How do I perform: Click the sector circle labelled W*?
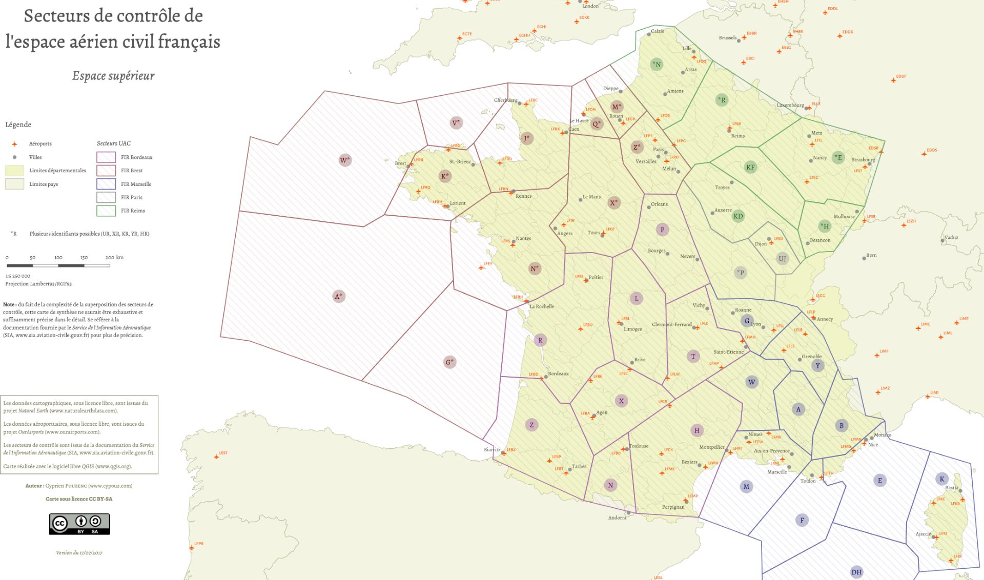(345, 160)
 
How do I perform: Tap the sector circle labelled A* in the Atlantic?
(339, 296)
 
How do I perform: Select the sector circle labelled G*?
(449, 362)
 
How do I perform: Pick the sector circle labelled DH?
(856, 572)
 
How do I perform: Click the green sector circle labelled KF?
(750, 167)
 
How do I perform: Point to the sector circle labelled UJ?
(782, 258)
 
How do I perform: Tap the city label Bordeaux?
(558, 374)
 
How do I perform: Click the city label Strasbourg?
(863, 159)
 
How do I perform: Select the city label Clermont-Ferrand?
(671, 324)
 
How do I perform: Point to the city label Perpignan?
(673, 507)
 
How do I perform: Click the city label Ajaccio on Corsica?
(924, 534)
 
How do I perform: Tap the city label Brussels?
(727, 37)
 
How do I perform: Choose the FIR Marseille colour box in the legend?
(106, 184)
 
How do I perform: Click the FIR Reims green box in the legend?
(106, 211)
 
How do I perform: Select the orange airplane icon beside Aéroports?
(14, 144)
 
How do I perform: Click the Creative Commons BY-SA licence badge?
(79, 524)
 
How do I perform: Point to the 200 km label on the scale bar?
(114, 257)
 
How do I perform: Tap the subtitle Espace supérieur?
(113, 76)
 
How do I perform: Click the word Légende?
(18, 125)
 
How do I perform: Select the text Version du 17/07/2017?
(79, 553)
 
